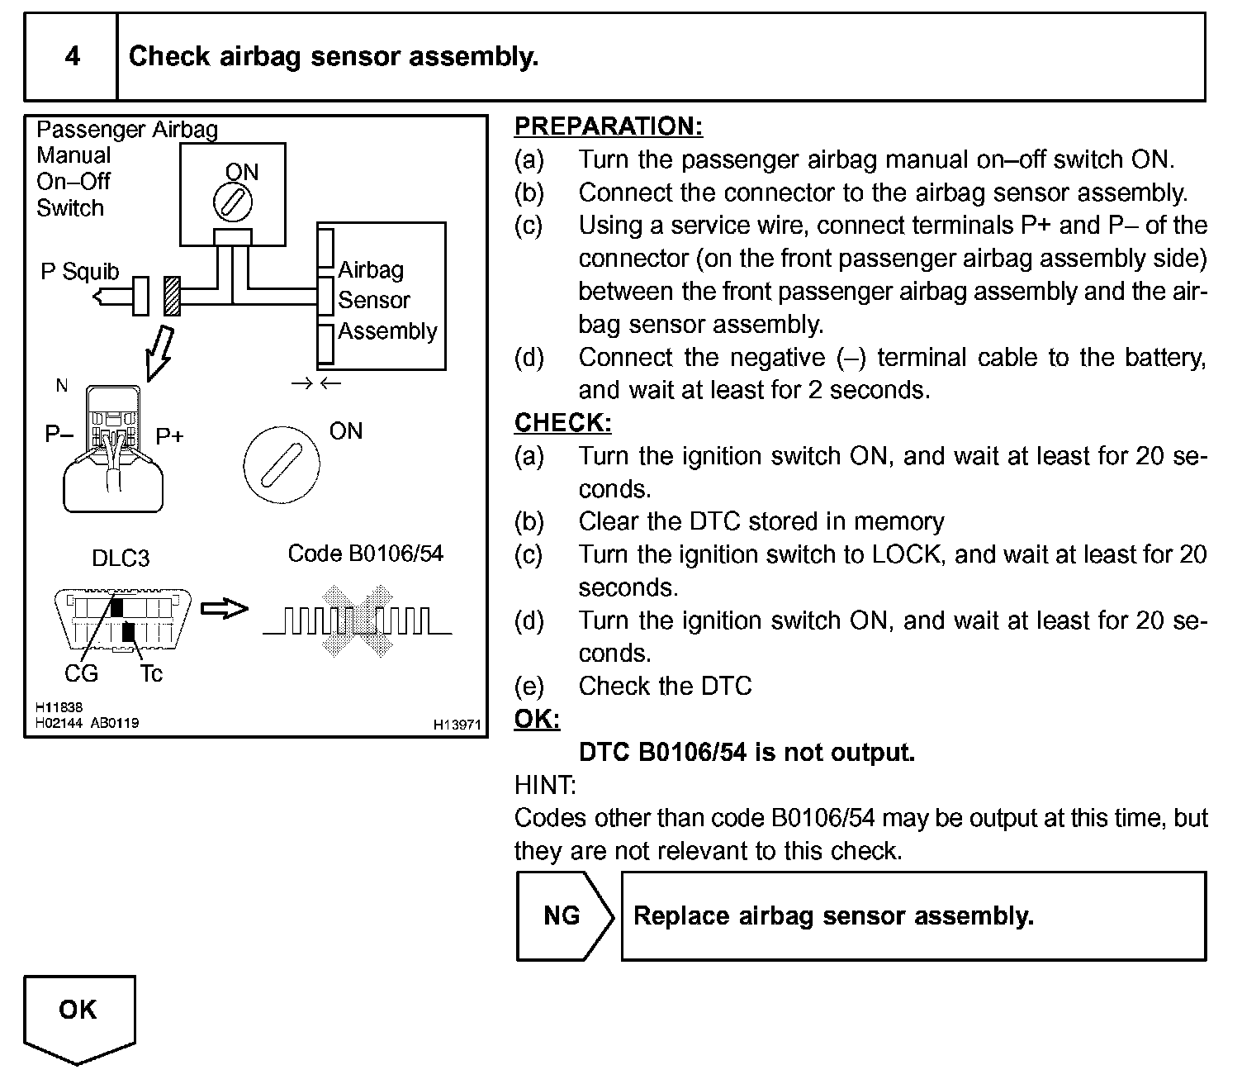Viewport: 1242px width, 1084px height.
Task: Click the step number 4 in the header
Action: (x=73, y=56)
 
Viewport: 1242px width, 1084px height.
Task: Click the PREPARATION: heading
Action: (x=609, y=126)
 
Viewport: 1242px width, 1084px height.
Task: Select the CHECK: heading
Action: (x=562, y=423)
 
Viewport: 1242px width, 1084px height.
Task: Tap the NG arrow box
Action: (x=565, y=915)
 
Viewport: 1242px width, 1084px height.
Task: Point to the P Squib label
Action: (x=79, y=272)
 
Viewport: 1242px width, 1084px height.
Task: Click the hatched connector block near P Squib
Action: (x=172, y=296)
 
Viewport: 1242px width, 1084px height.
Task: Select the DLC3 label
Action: (x=121, y=559)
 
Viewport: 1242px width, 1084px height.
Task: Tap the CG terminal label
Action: (x=81, y=674)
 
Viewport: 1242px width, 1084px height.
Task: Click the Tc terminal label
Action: (x=151, y=674)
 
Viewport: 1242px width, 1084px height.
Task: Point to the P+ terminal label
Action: (x=169, y=435)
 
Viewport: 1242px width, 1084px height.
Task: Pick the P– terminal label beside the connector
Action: (x=59, y=434)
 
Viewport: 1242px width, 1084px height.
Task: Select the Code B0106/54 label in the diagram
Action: (x=365, y=554)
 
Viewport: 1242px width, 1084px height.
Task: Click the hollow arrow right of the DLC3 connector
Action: (x=225, y=609)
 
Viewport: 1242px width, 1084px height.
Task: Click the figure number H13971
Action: (x=457, y=725)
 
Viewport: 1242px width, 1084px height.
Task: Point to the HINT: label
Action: (x=545, y=785)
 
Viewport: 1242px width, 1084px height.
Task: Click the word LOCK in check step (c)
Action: (x=906, y=554)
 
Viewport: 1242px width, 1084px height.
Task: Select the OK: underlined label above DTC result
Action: (x=537, y=720)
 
